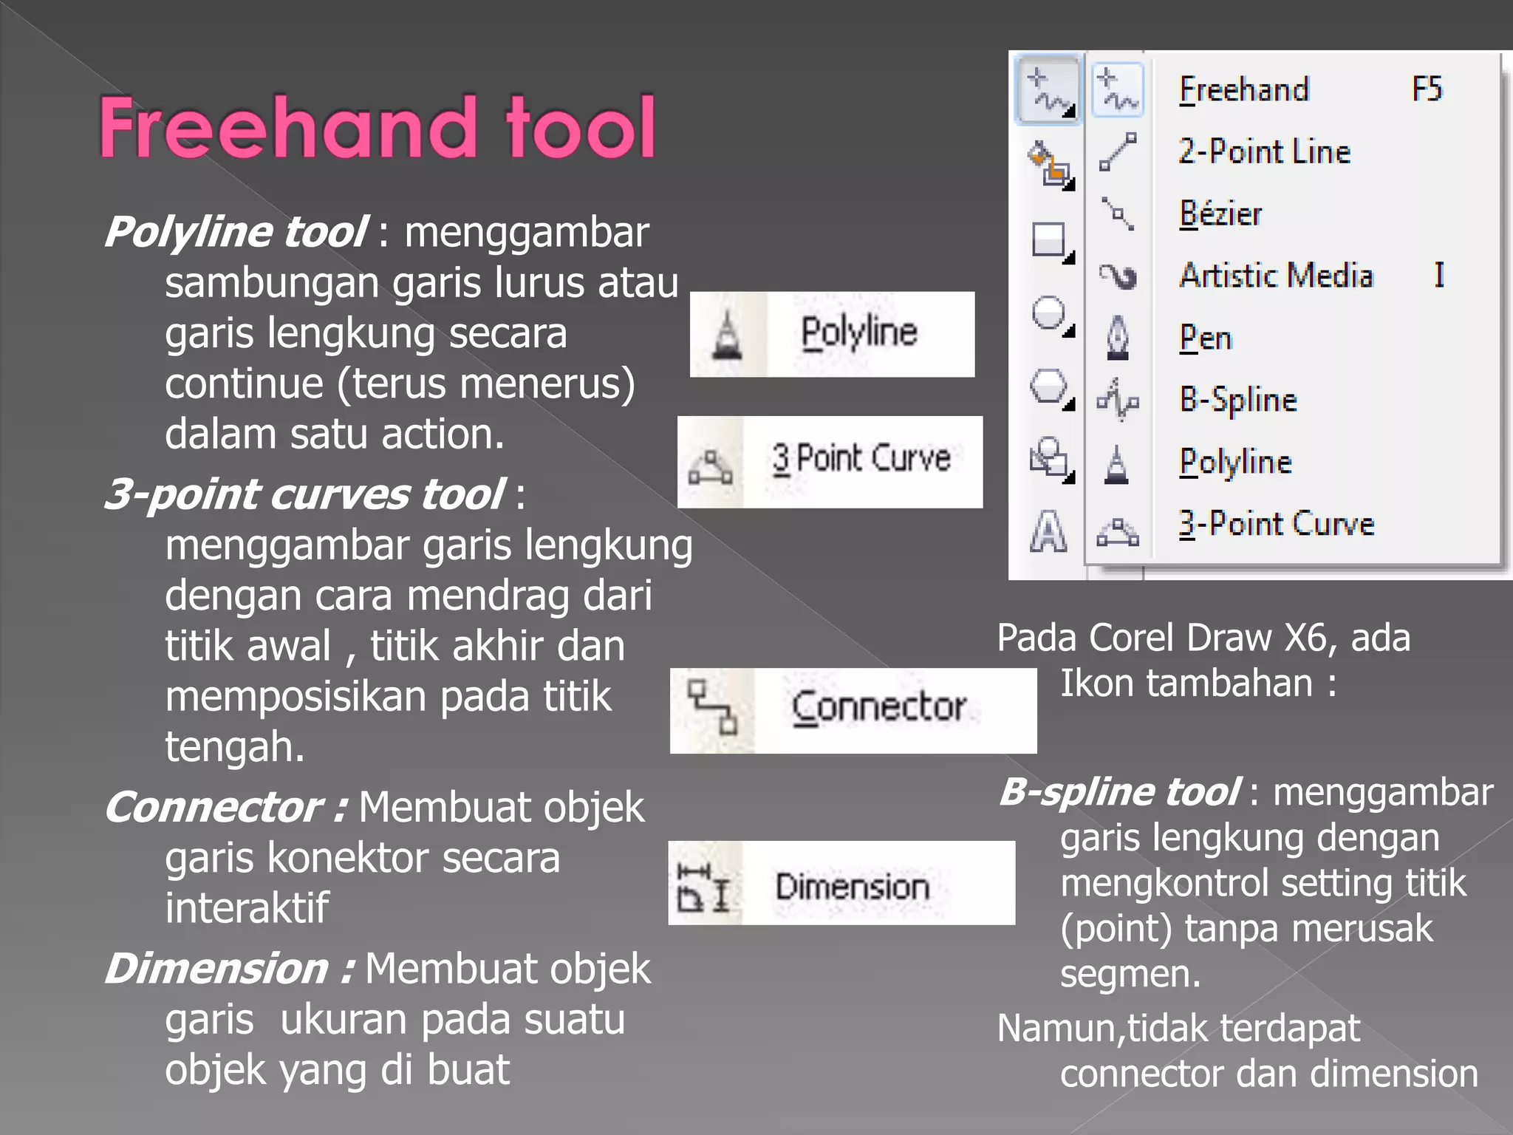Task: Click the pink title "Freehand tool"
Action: pyautogui.click(x=378, y=127)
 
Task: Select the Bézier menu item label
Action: pyautogui.click(x=1220, y=214)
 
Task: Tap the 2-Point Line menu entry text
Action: pyautogui.click(x=1264, y=152)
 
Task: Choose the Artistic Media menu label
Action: pyautogui.click(x=1276, y=276)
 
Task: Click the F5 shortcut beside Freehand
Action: pyautogui.click(x=1427, y=89)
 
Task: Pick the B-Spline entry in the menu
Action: pyautogui.click(x=1238, y=400)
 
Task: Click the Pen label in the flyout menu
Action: pyautogui.click(x=1206, y=338)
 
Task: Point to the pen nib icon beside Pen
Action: pyautogui.click(x=1118, y=338)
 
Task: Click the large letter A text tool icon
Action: pyautogui.click(x=1048, y=531)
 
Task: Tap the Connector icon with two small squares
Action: pyautogui.click(x=712, y=707)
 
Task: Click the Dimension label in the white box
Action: pyautogui.click(x=852, y=886)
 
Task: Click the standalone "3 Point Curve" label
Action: pyautogui.click(x=861, y=459)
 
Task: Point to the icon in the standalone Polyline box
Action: pyautogui.click(x=728, y=336)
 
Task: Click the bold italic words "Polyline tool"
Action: pyautogui.click(x=236, y=232)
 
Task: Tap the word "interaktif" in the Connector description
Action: pyautogui.click(x=247, y=907)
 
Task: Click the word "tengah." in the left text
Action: pyautogui.click(x=234, y=746)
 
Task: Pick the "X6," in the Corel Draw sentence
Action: pyautogui.click(x=1311, y=637)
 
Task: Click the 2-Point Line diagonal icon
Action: pyautogui.click(x=1118, y=151)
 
